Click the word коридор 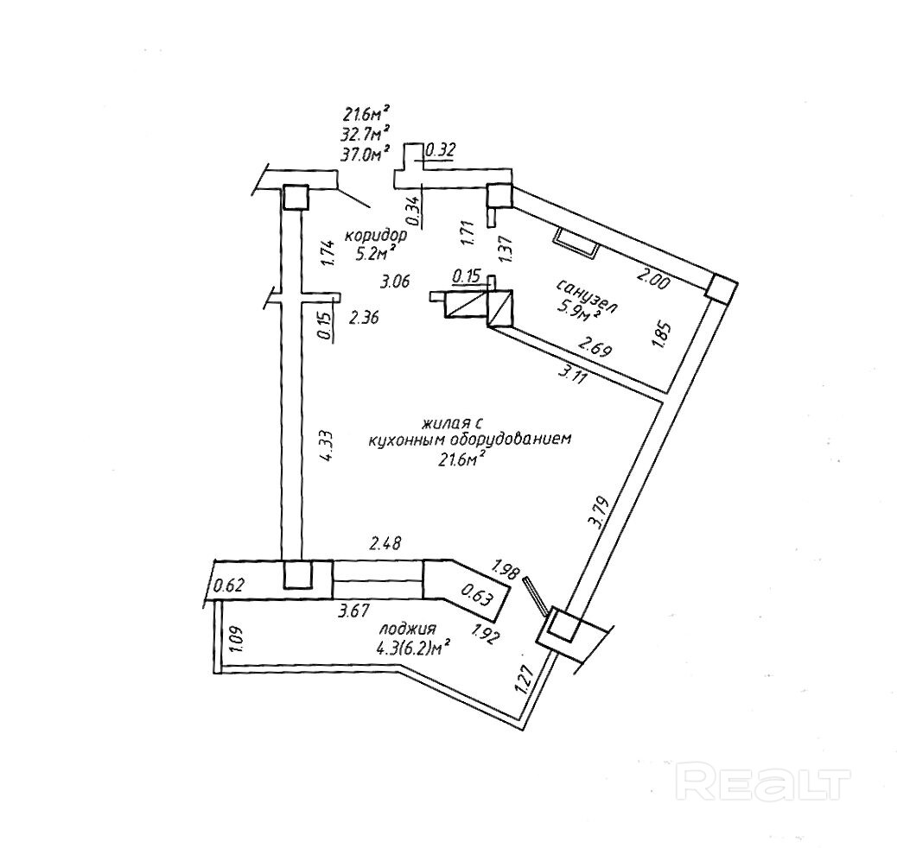(x=375, y=235)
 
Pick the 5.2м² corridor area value (x=372, y=253)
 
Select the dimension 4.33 (x=327, y=446)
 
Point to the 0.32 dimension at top (x=442, y=149)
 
